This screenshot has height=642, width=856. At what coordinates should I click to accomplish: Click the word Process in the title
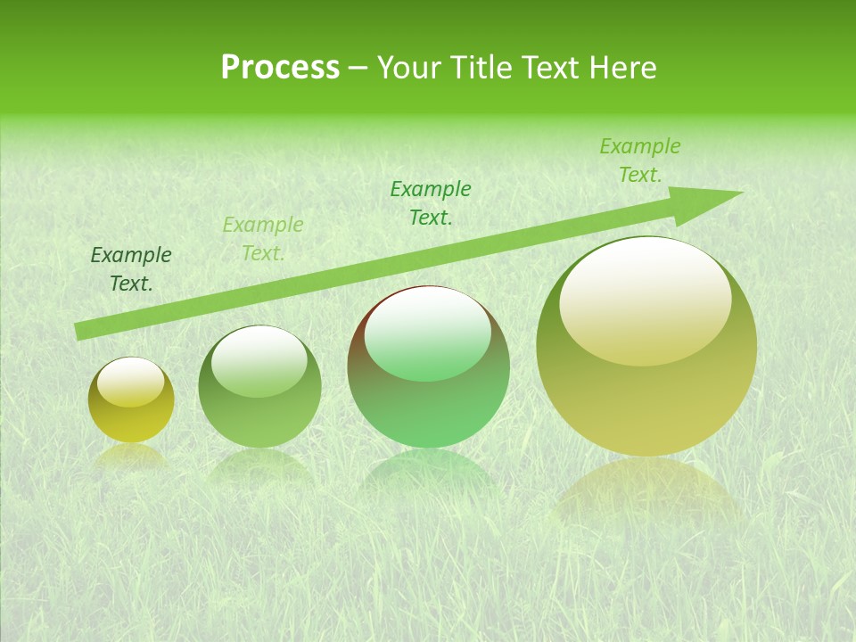(x=280, y=68)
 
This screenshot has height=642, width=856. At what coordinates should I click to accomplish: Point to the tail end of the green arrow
(x=78, y=332)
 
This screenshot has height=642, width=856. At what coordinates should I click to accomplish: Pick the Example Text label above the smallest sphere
(x=131, y=269)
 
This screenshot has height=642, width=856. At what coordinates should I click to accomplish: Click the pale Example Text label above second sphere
(x=263, y=239)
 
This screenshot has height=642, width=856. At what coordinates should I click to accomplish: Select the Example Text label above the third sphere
(x=431, y=203)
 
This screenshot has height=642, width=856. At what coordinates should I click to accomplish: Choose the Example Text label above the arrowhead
(x=639, y=160)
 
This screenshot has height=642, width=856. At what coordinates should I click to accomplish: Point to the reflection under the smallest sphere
(x=131, y=457)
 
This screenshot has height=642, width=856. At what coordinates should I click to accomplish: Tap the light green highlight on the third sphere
(x=427, y=334)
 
